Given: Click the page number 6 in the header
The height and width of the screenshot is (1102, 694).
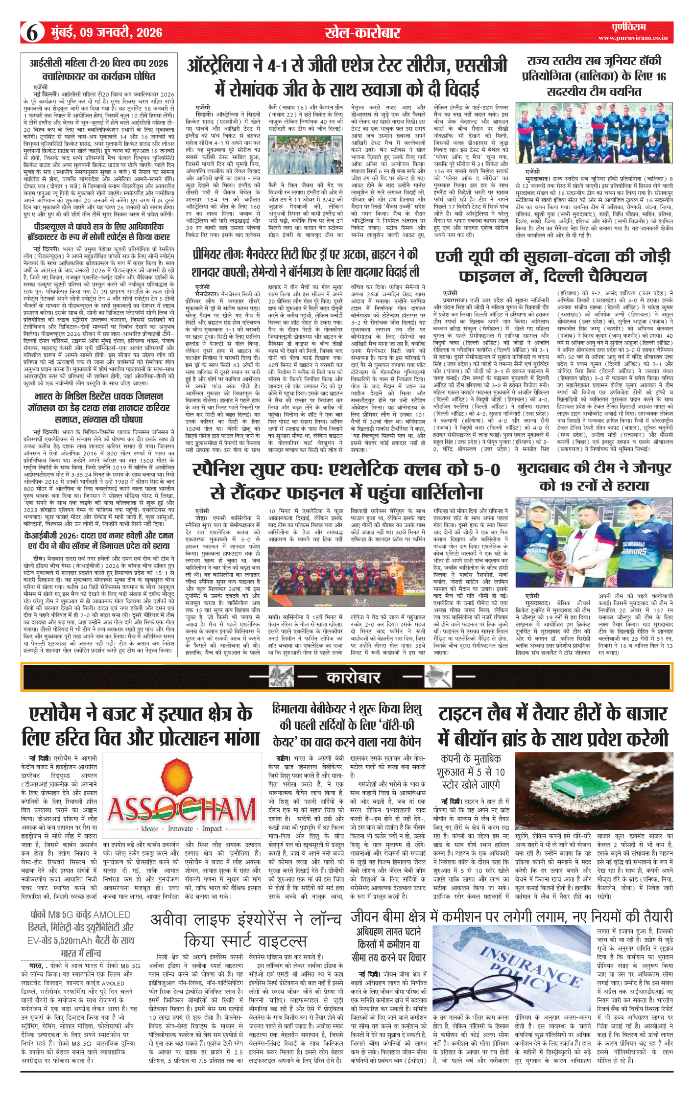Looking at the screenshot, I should click(x=32, y=32).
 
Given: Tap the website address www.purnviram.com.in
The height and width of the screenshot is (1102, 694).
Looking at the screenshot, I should click(x=632, y=38).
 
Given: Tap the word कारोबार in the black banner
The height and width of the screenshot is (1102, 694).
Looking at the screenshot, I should click(x=353, y=678).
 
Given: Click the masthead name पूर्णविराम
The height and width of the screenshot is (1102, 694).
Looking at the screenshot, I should click(x=628, y=27).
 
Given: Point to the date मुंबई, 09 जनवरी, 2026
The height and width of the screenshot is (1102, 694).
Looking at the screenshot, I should click(x=107, y=33).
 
